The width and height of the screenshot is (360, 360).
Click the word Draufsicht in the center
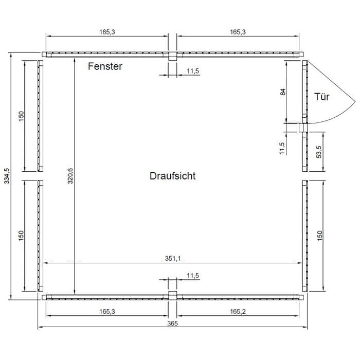tap(173, 176)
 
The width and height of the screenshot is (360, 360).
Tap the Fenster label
tap(105, 66)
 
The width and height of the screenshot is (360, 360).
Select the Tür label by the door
tap(322, 97)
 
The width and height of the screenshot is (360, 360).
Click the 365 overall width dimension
tap(172, 323)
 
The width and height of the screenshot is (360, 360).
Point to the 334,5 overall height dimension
tap(7, 176)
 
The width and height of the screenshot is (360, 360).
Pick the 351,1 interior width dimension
tap(173, 259)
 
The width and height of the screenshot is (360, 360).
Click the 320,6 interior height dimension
tap(70, 176)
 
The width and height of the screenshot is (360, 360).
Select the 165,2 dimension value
tap(238, 312)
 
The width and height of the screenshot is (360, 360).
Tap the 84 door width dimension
tap(283, 92)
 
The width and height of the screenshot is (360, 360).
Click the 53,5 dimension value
tap(319, 152)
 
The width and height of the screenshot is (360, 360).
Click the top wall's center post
tap(172, 56)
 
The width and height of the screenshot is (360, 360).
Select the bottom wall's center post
tap(172, 296)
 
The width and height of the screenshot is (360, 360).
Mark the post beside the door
tap(303, 128)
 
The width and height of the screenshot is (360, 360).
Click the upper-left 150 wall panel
tap(41, 116)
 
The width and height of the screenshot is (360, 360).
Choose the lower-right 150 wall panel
tap(305, 236)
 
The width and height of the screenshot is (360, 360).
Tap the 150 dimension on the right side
tap(319, 236)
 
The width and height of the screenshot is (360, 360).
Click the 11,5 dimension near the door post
tap(282, 148)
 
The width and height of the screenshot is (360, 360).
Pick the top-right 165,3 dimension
tap(238, 32)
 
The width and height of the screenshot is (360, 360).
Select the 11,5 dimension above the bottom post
tap(193, 276)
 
